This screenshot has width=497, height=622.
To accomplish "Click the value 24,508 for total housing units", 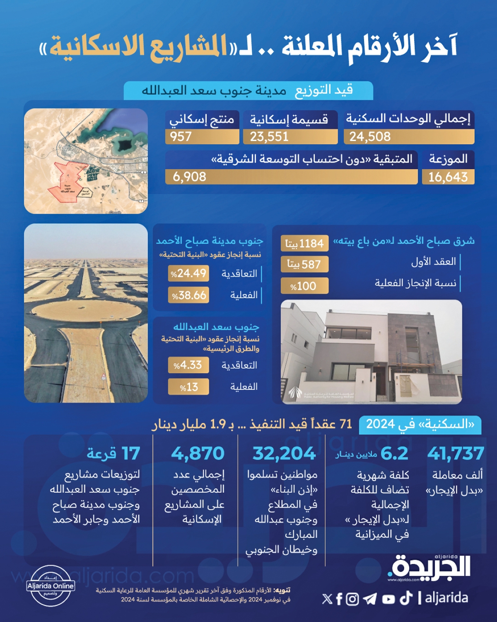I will tap(370, 136).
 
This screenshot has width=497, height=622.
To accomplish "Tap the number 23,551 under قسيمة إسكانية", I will tap(269, 136).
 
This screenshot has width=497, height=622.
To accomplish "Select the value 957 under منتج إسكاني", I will tap(181, 136).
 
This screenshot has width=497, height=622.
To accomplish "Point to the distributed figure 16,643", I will tap(448, 177).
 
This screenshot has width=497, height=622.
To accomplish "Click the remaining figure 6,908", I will tap(189, 177).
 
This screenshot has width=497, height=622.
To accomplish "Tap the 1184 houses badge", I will tap(304, 243).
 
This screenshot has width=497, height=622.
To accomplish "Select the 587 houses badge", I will tap(304, 264).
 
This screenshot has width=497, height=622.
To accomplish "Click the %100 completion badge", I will tap(304, 286).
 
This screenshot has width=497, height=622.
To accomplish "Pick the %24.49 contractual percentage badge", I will tap(188, 273).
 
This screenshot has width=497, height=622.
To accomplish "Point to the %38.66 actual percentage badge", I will tap(188, 295).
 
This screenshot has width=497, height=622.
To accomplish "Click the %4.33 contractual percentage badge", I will tap(188, 365).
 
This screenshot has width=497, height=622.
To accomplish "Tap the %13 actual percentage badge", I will tap(188, 387).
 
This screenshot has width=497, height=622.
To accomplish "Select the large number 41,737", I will tap(456, 453).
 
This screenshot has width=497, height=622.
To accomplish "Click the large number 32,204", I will tap(284, 453).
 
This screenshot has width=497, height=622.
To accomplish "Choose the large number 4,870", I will tap(198, 453).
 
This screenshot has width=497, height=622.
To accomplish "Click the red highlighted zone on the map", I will tap(66, 182).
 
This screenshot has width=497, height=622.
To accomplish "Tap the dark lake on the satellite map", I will tap(123, 145).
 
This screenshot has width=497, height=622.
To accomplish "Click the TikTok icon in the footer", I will tap(406, 598).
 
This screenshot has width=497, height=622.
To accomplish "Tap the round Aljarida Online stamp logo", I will tap(51, 586).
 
